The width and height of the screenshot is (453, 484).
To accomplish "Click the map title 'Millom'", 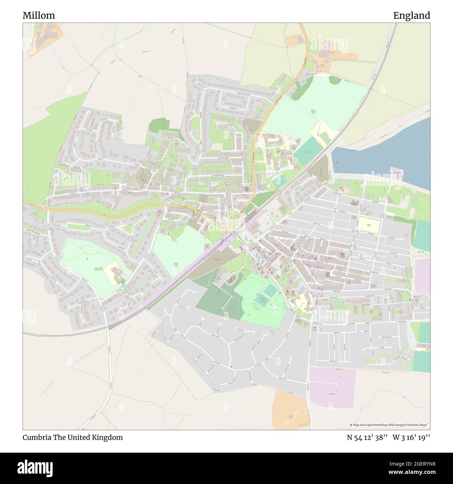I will point(39,16).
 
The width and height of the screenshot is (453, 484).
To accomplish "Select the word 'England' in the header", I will point(411,16).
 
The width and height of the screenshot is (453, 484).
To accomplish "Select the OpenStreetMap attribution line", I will point(390,425).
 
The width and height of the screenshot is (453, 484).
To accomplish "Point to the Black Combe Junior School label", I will point(99,269).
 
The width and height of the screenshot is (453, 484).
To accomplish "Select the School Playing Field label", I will point(313,111).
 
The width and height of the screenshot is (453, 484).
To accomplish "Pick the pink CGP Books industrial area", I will point(332,387).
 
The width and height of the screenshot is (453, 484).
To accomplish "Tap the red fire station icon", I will point(287,291).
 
